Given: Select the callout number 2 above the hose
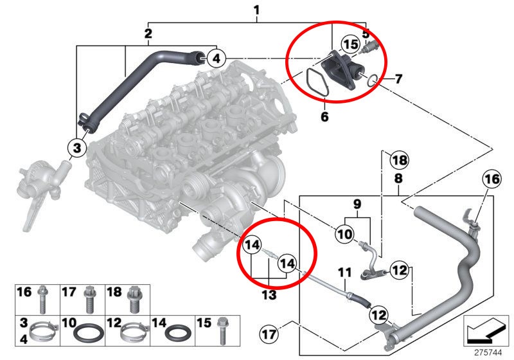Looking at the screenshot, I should coord(148,33).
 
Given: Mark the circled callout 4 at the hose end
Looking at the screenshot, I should coord(217,59).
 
